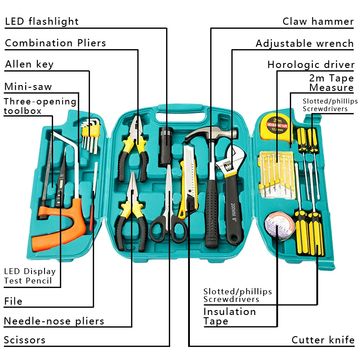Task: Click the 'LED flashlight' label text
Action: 41,21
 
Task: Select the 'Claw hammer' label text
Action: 318,21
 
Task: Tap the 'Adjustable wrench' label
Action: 304,43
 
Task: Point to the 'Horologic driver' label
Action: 310,65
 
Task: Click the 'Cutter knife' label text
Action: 323,340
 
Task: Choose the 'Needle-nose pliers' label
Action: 54,321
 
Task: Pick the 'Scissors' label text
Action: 25,340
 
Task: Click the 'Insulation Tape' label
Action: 229,316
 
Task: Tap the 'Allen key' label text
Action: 29,64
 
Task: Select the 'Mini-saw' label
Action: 28,86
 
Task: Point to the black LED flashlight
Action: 166,139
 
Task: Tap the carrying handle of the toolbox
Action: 180,111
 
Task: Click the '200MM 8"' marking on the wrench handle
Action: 233,211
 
